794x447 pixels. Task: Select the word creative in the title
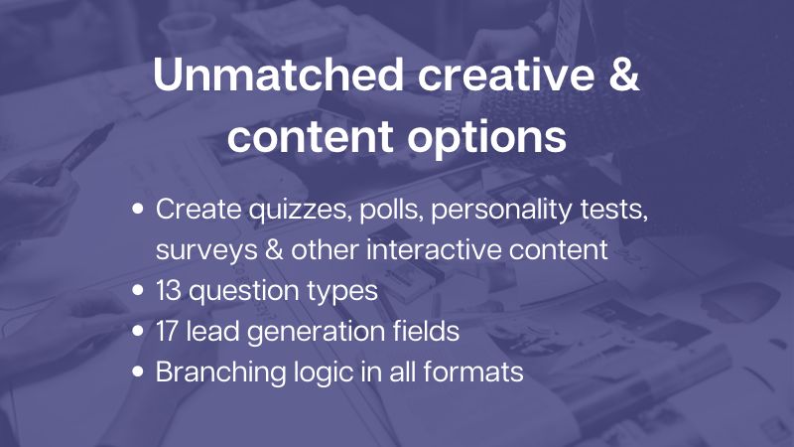pos(506,75)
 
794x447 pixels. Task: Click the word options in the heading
pos(486,138)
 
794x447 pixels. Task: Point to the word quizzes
pos(300,210)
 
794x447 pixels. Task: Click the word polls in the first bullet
pos(391,210)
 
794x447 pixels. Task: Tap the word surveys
pos(206,250)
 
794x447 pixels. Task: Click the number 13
pos(168,290)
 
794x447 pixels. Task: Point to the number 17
pos(167,331)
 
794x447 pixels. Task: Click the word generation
pos(316,332)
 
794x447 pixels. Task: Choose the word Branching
pos(220,372)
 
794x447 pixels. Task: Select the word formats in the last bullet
pos(473,372)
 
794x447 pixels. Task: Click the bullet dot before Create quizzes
pos(138,209)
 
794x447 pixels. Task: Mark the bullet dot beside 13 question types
pos(138,290)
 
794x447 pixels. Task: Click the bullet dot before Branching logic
pos(138,372)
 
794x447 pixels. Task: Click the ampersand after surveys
pos(274,249)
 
